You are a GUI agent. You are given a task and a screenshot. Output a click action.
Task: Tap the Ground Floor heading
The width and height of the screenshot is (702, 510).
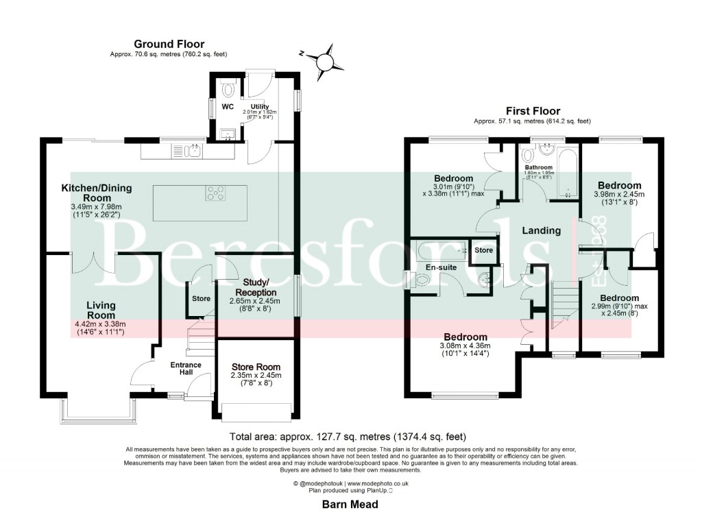(x=169, y=45)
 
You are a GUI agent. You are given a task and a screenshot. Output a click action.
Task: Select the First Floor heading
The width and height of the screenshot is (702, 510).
(x=532, y=111)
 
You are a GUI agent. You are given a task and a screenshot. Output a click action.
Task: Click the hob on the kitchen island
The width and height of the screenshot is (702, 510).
(x=215, y=195)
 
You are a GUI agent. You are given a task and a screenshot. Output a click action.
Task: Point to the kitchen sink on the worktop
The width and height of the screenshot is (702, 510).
(x=190, y=150)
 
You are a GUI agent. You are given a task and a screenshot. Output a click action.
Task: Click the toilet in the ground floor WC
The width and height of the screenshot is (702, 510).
(x=228, y=90)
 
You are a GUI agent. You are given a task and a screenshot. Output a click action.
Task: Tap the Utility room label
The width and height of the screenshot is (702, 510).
(x=260, y=107)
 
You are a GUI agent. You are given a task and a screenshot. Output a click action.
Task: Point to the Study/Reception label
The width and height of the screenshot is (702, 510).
(x=261, y=288)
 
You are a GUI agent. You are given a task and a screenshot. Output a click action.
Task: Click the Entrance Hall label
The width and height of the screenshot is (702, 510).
(x=186, y=369)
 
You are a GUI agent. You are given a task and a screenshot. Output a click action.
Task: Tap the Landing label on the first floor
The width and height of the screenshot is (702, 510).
(x=541, y=231)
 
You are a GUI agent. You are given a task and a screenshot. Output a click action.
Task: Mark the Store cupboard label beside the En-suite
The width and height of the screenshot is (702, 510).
(x=484, y=251)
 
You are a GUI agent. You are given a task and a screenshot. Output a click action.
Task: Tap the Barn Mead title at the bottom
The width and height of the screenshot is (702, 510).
(x=350, y=504)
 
